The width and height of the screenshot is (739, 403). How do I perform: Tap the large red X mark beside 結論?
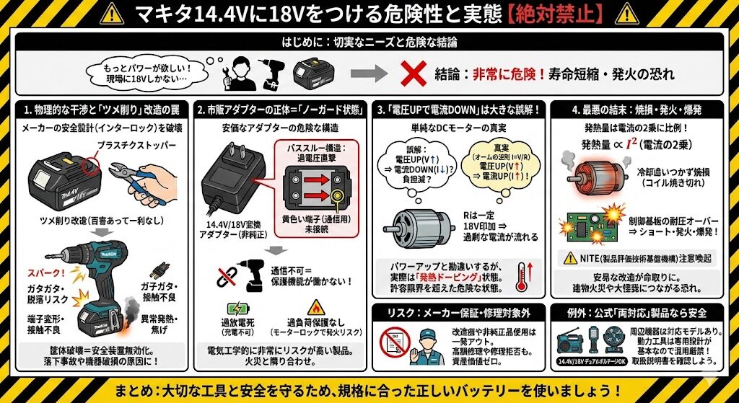point(411,73)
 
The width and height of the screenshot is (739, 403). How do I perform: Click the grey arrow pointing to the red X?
point(372,73)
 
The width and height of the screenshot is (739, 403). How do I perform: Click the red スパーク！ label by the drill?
point(43,274)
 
